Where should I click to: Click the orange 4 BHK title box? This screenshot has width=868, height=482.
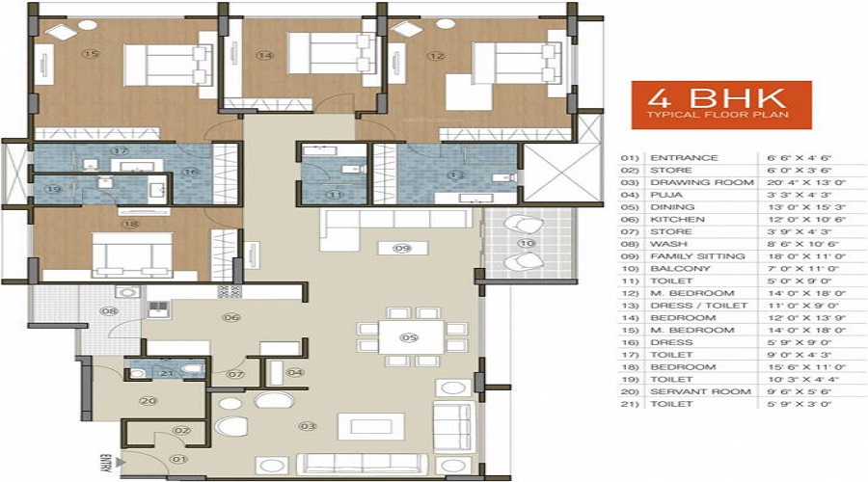click(x=720, y=105)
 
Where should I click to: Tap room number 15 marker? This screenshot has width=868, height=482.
click(x=91, y=54)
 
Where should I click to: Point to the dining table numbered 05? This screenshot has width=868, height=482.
click(x=408, y=337)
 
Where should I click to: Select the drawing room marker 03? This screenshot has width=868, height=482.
click(x=308, y=425)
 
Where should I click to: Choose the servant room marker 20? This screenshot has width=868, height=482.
click(x=148, y=400)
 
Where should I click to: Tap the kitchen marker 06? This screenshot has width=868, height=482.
click(x=231, y=316)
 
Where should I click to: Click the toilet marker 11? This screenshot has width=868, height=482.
click(x=335, y=194)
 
